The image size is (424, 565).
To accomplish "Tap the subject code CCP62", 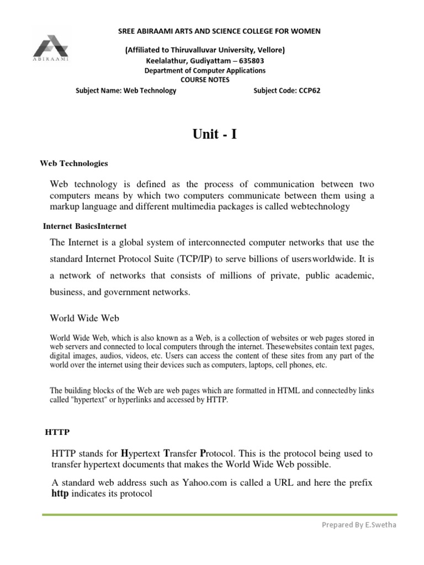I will tap(309, 90).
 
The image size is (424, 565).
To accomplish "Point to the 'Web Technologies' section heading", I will tap(74, 163).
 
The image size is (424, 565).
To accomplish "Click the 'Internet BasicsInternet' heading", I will tap(85, 226).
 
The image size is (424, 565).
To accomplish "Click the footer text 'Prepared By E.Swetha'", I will tap(359, 525).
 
